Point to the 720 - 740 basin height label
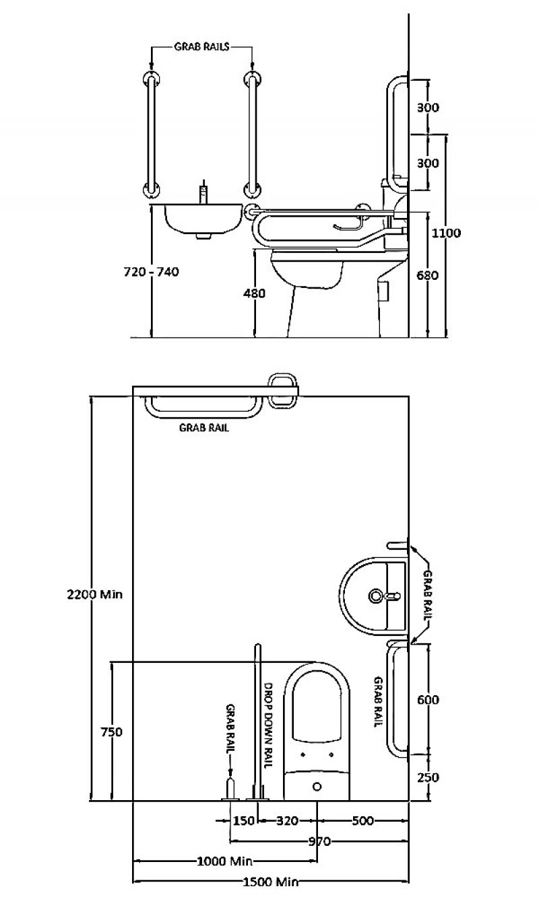pos(152,272)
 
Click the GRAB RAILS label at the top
pos(201,47)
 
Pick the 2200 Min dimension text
pos(94,594)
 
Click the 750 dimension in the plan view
pos(110,732)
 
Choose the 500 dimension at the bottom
pos(362,821)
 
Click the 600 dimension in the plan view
pos(428,700)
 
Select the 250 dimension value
pos(428,777)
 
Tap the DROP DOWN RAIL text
pos(267,725)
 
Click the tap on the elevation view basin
pos(202,193)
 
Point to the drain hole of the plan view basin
pos(375,596)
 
